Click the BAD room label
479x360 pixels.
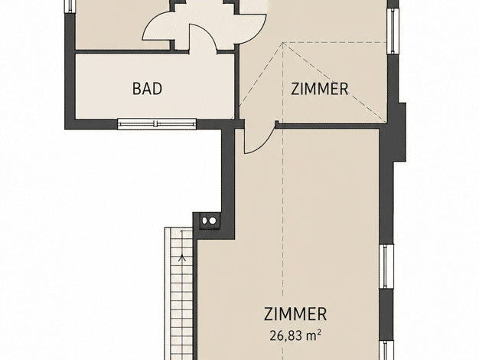(x=147, y=89)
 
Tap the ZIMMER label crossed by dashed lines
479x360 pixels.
(x=319, y=89)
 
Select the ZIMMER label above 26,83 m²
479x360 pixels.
(x=295, y=314)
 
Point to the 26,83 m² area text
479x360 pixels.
(x=295, y=335)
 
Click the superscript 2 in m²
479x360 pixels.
(x=319, y=332)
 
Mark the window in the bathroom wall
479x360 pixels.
(x=157, y=123)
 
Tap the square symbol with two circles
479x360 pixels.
(x=209, y=221)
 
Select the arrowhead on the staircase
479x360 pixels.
(x=183, y=257)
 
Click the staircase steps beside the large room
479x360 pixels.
(x=179, y=293)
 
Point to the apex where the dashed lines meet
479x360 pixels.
(x=283, y=43)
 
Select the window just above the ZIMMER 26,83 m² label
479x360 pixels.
(x=386, y=266)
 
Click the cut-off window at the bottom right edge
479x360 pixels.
(x=386, y=349)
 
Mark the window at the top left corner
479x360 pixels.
(x=70, y=6)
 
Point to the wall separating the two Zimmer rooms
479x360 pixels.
(x=329, y=126)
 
